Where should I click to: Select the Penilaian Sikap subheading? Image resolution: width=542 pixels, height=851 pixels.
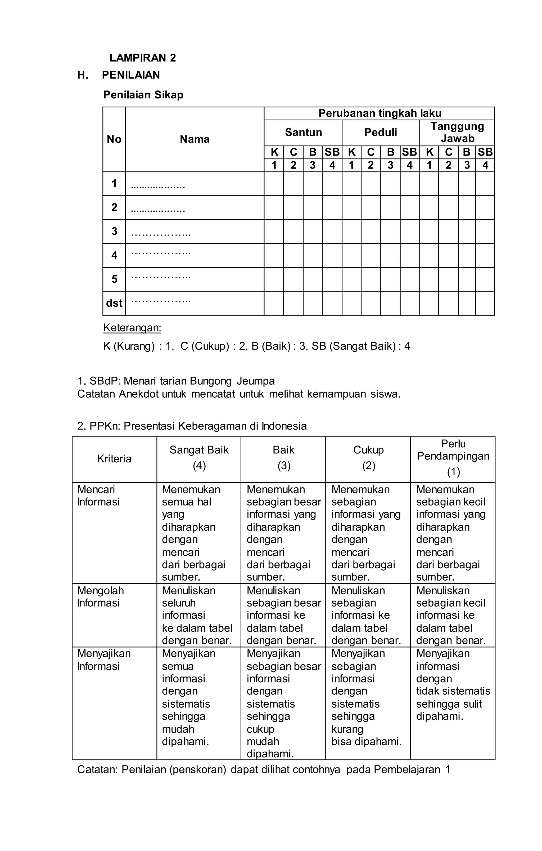[x=143, y=95]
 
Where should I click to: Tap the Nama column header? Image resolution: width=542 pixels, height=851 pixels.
[x=195, y=139]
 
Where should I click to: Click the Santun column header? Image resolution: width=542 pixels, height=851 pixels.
[x=303, y=132]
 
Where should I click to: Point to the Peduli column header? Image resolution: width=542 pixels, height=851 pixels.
[x=380, y=132]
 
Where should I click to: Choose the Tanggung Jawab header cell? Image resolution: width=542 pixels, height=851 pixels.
[x=457, y=132]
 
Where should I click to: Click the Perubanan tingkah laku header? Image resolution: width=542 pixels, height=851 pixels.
[x=380, y=113]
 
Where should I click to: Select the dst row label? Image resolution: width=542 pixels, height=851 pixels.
[x=114, y=303]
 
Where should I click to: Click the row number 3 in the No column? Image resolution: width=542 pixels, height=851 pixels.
[x=114, y=231]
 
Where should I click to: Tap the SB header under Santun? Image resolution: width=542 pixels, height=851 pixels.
[x=332, y=152]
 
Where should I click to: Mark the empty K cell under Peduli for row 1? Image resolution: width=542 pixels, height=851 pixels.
[x=351, y=184]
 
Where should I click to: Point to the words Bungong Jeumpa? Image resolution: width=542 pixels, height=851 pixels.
[x=232, y=381]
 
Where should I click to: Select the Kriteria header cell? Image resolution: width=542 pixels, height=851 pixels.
[x=114, y=459]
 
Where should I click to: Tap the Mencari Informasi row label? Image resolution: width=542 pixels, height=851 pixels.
[x=98, y=495]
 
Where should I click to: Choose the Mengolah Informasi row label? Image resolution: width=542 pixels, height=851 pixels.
[x=100, y=597]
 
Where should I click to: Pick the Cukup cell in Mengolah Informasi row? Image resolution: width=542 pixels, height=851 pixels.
[x=367, y=615]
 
